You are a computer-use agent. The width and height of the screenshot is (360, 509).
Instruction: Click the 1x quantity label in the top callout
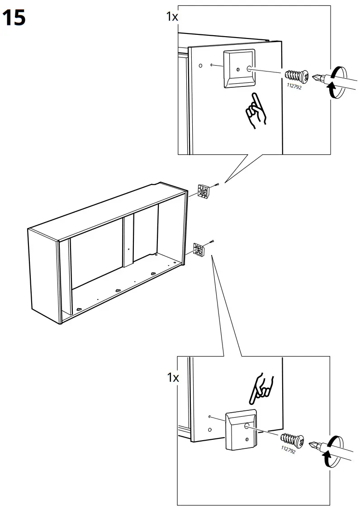[172, 17]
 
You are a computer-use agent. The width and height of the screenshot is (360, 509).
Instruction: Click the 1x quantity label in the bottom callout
[172, 378]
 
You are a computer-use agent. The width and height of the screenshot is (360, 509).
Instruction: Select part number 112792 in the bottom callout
[288, 449]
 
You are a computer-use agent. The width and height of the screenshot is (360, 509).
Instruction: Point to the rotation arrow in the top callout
[335, 81]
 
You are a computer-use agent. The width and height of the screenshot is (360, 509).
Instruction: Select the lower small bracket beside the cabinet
[199, 249]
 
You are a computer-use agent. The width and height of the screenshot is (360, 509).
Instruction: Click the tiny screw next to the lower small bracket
[212, 242]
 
